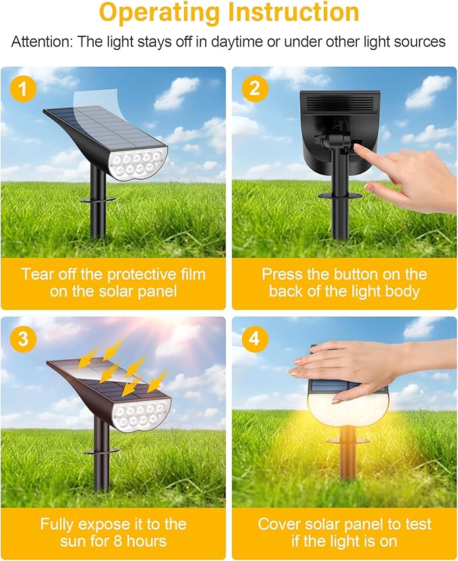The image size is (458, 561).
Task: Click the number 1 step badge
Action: pyautogui.click(x=23, y=89)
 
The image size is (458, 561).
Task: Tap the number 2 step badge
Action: pyautogui.click(x=254, y=89)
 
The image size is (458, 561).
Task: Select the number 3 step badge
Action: pyautogui.click(x=23, y=340)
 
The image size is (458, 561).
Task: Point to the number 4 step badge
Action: pyautogui.click(x=254, y=340)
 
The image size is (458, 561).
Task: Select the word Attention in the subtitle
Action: pyautogui.click(x=42, y=42)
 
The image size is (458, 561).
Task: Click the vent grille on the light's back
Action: pyautogui.click(x=339, y=103)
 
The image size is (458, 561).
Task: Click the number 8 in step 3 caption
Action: pyautogui.click(x=131, y=541)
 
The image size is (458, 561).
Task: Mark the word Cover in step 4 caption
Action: pyautogui.click(x=280, y=524)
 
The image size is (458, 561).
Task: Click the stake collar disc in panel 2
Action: pyautogui.click(x=341, y=196)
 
